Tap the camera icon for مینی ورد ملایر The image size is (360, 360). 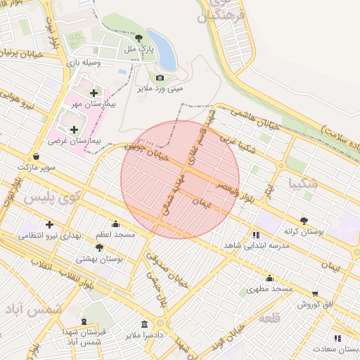click(x=160, y=77)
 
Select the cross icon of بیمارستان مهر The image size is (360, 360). click(x=94, y=92)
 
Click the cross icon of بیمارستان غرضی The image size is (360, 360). click(x=75, y=129)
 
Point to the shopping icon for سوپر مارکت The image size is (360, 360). click(x=36, y=156)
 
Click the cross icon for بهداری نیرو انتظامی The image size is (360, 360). click(x=30, y=224)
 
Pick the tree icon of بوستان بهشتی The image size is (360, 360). click(x=99, y=247)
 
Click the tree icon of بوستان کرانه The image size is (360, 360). click(x=304, y=219)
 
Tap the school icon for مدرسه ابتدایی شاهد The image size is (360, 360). click(x=256, y=235)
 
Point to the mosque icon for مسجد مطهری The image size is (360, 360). click(x=250, y=288)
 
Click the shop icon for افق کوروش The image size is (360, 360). click(x=316, y=293)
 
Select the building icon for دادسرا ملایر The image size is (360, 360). click(x=144, y=324)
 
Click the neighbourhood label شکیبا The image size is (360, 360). click(x=303, y=184)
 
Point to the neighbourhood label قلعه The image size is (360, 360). click(x=270, y=319)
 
